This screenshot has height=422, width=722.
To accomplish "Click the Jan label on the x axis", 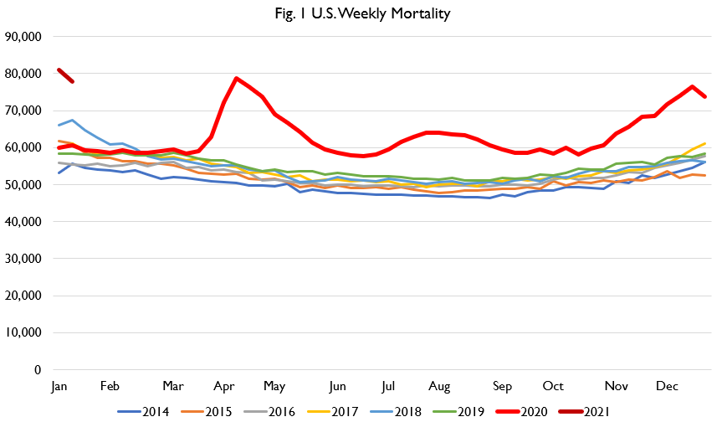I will (59, 386).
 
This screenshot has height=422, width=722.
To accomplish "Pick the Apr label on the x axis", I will (224, 386).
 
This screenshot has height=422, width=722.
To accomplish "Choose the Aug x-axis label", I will (439, 386).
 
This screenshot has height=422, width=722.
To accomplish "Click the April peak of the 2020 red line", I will (237, 79).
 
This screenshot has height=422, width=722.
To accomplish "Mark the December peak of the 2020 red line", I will (692, 86).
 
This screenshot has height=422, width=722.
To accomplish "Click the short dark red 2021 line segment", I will (65, 75).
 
